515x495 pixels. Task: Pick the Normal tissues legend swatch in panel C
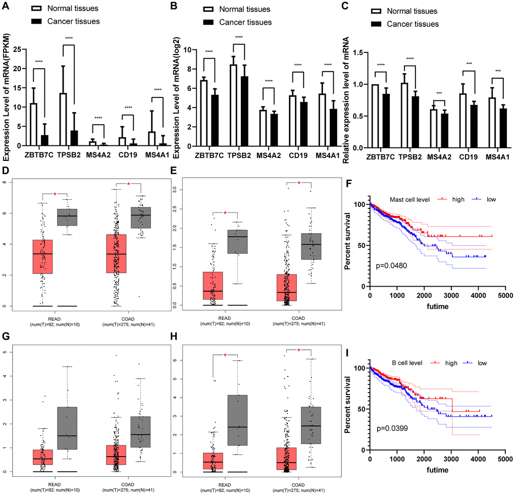tap(376, 11)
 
